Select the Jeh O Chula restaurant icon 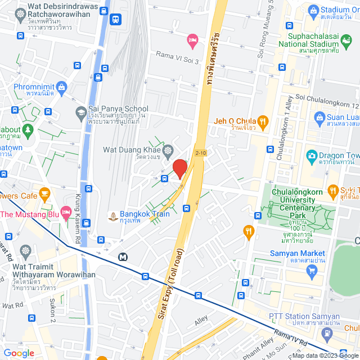tap(262, 121)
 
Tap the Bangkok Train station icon tap(113, 215)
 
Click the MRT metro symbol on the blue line tap(123, 256)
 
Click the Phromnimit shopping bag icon tap(61, 87)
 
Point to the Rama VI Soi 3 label tap(177, 54)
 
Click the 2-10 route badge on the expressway tap(201, 152)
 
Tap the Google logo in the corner tap(18, 353)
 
